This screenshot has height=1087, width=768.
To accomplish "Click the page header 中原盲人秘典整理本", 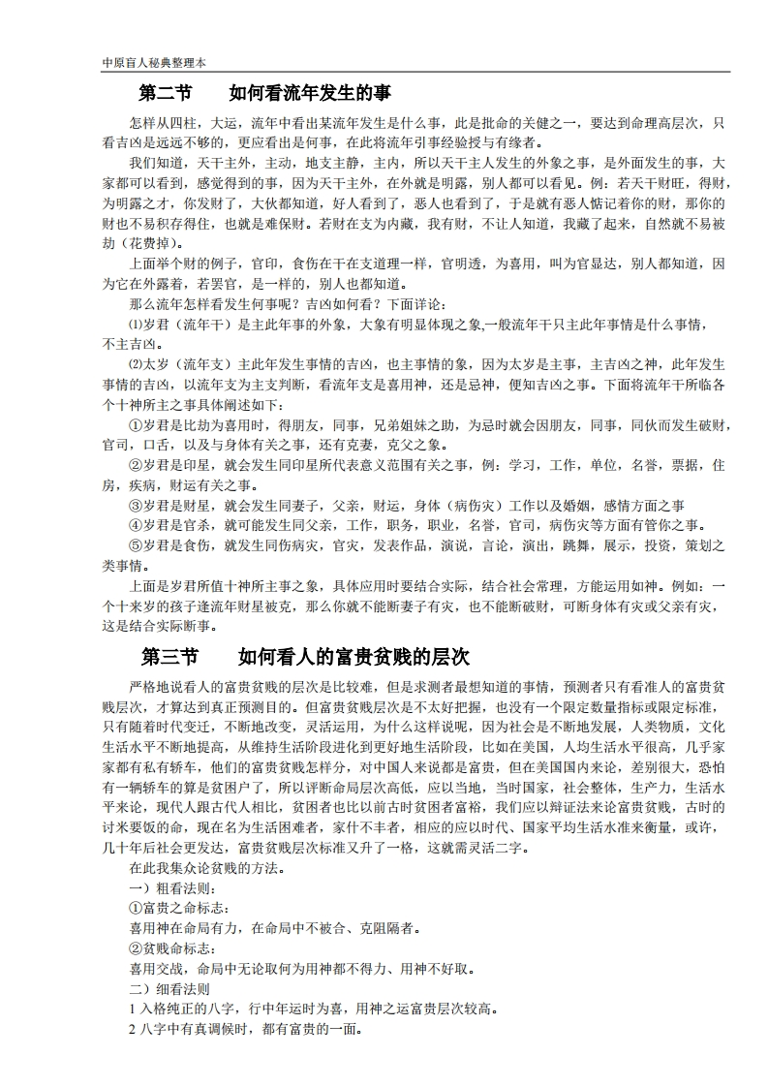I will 153,62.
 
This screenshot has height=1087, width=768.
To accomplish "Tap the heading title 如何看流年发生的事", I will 309,94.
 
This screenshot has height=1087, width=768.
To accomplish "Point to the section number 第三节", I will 169,657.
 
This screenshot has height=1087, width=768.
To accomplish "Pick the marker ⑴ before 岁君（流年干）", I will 135,325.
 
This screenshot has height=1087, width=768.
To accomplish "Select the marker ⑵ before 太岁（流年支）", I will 135,364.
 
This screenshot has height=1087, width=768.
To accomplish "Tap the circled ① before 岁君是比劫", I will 135,425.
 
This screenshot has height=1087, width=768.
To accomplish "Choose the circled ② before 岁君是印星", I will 135,466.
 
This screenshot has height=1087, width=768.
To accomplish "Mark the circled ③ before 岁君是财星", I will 135,506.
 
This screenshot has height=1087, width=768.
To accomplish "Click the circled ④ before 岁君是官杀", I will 135,526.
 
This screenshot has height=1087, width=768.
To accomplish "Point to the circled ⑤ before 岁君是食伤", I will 135,546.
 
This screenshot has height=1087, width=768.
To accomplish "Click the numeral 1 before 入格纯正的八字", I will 132,1009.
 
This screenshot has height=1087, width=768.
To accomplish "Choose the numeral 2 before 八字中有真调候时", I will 132,1029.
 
